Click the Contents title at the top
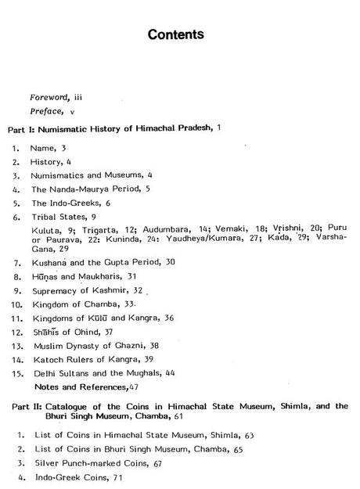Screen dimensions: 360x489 tap(179, 35)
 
